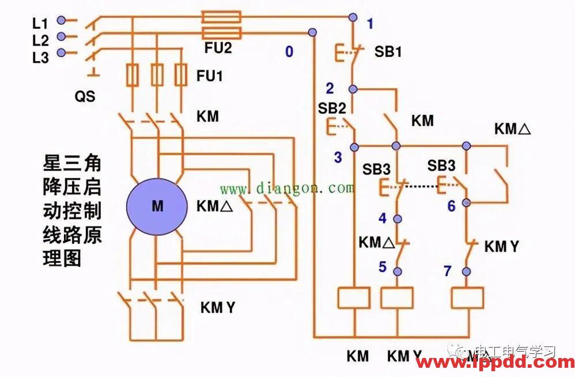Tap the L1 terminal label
tap(40, 23)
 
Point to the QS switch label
tap(85, 97)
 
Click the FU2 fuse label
tap(218, 48)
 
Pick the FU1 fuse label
tap(210, 76)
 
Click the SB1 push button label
tap(388, 51)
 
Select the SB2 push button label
tap(332, 108)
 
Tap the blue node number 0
tap(289, 52)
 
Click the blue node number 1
tap(370, 24)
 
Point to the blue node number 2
tap(330, 88)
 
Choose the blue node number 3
tap(338, 157)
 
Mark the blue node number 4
tap(382, 218)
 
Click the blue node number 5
tap(382, 267)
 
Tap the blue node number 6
tap(451, 206)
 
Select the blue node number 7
tap(448, 270)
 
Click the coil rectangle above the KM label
tap(353, 297)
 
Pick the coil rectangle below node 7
tap(467, 297)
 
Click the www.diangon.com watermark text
tap(286, 188)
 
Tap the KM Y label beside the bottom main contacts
tap(217, 308)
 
